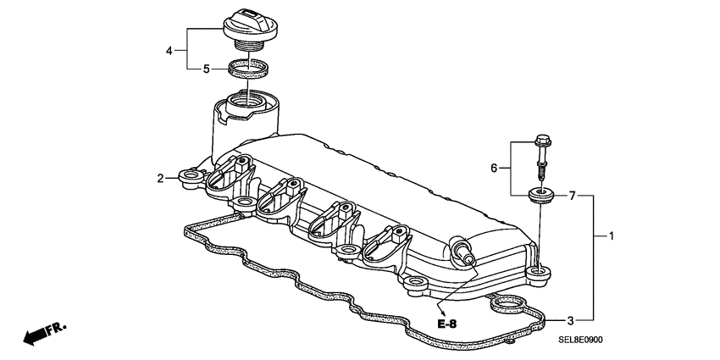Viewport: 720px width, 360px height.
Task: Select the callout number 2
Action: point(159,178)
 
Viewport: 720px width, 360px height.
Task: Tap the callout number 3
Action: point(571,320)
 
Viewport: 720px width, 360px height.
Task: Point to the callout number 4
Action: point(169,50)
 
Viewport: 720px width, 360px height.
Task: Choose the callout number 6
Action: point(496,168)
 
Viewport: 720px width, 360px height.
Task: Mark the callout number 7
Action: point(572,196)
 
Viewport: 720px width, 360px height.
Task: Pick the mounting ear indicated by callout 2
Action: point(191,177)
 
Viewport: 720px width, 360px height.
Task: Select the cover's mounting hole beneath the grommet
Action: point(537,272)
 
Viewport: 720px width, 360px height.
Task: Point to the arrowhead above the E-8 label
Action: point(439,307)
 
